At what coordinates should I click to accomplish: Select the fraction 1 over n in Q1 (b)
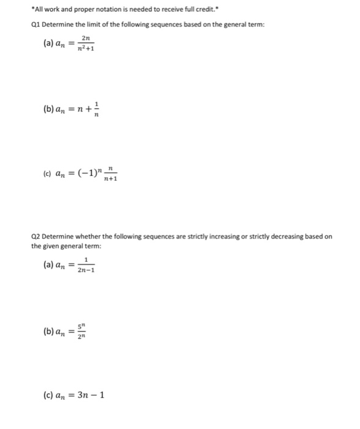tap(96, 110)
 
